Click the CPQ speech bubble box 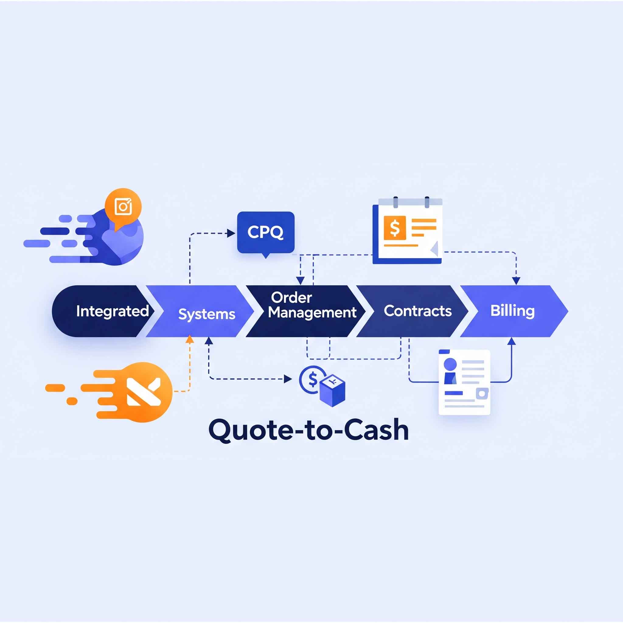tap(266, 232)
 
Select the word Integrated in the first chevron tap(112, 311)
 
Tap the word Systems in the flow tap(207, 314)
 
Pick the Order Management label tap(312, 305)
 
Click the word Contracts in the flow tap(418, 311)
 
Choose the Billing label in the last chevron tap(512, 311)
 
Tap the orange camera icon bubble tap(123, 206)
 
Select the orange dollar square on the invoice tap(395, 228)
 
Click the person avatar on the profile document tap(450, 371)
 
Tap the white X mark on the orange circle tap(144, 392)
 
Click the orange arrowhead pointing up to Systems tap(190, 339)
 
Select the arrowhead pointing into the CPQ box tap(231, 233)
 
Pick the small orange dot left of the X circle tap(71, 401)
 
